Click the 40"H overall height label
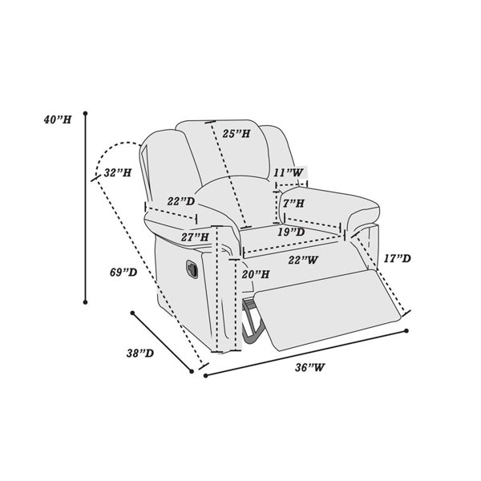pyautogui.click(x=58, y=119)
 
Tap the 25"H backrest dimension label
pyautogui.click(x=236, y=133)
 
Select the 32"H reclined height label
pyautogui.click(x=118, y=172)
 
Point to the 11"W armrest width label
pyautogui.click(x=289, y=172)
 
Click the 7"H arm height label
pyautogui.click(x=293, y=203)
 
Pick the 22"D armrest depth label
pyautogui.click(x=181, y=201)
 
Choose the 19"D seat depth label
pyautogui.click(x=292, y=232)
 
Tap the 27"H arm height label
pyautogui.click(x=195, y=237)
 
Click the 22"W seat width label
pyautogui.click(x=303, y=260)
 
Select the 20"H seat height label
pyautogui.click(x=256, y=274)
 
